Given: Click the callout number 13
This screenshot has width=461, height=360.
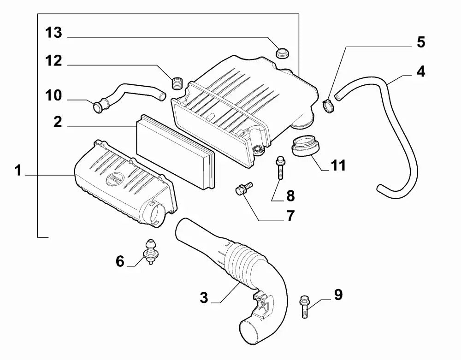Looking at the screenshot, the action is point(53,32).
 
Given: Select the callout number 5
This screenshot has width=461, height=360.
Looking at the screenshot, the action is point(421,42).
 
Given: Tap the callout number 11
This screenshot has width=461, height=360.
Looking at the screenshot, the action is point(338,165).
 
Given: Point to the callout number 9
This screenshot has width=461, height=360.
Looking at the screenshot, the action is point(338,295).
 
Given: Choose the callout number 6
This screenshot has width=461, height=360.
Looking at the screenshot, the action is point(120,261).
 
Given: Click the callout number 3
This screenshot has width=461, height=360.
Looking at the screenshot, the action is point(204,297).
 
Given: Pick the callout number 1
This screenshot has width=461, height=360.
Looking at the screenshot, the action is point(18,171).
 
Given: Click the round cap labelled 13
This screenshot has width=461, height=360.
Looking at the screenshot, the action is point(282,53).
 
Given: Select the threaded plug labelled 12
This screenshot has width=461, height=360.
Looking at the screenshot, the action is point(177,83).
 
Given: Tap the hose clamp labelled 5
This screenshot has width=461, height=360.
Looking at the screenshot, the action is point(328,106).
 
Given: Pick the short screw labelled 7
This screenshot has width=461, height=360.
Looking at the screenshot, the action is point(244,188).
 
